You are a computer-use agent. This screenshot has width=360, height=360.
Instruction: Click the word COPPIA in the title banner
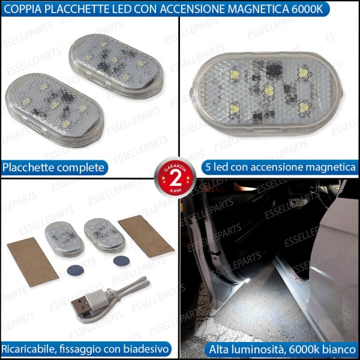coord(22,8)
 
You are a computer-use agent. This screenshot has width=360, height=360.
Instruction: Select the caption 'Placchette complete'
coord(54,167)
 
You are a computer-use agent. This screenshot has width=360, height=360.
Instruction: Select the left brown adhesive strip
coord(32,259)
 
